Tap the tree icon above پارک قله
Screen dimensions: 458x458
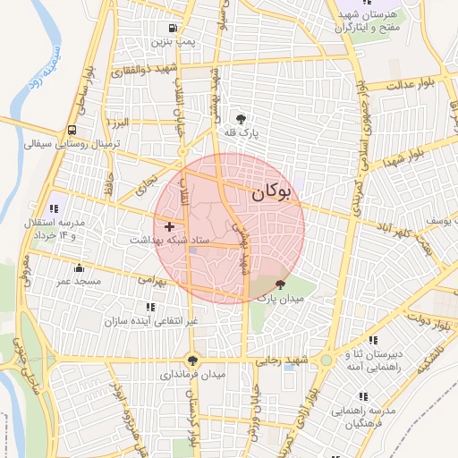coord(241,118)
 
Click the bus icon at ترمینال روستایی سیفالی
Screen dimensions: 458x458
coord(72,128)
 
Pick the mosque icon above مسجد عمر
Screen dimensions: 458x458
coord(80,267)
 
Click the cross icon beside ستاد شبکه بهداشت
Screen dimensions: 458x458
coord(169,227)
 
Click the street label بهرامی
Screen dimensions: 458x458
coord(151,280)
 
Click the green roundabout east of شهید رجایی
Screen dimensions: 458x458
coord(327,361)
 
